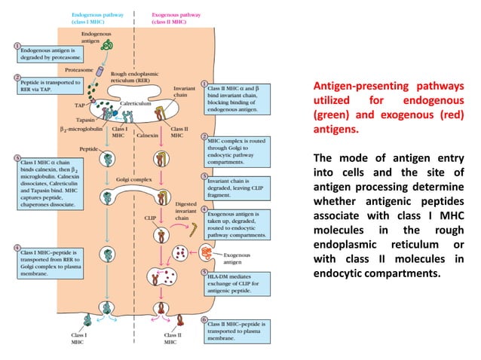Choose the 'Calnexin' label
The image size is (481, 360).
click(143, 136)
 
